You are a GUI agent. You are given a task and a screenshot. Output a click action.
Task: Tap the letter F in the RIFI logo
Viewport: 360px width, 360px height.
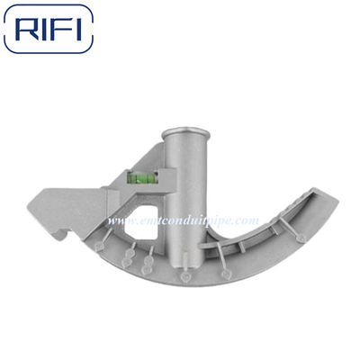point(65,29)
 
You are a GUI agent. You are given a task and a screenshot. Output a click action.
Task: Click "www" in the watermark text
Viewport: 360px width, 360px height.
point(120,220)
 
